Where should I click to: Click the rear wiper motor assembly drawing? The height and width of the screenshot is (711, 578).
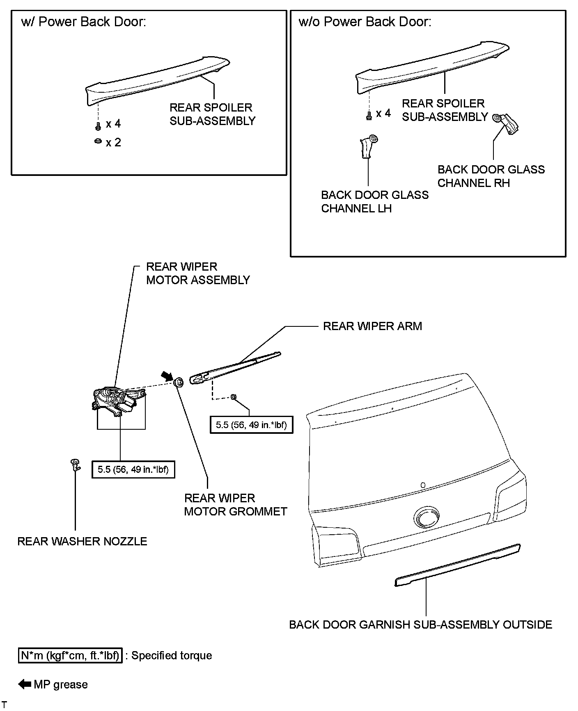(118, 400)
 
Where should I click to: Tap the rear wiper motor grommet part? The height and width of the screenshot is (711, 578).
(179, 383)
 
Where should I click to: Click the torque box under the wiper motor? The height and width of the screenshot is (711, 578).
(133, 469)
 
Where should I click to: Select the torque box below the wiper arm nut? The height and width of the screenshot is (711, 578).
(251, 425)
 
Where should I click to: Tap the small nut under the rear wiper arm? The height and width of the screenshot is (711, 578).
(233, 397)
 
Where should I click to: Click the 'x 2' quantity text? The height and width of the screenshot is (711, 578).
(113, 143)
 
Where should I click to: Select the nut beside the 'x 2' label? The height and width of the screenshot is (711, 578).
(98, 141)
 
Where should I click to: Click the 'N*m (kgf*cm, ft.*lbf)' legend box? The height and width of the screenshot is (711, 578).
(70, 655)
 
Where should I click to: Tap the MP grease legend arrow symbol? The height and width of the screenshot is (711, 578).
(25, 684)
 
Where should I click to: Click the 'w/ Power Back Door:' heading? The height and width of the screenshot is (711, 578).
(84, 22)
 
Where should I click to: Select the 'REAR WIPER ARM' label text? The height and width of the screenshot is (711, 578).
(372, 326)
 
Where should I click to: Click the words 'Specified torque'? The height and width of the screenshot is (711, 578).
(172, 655)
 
